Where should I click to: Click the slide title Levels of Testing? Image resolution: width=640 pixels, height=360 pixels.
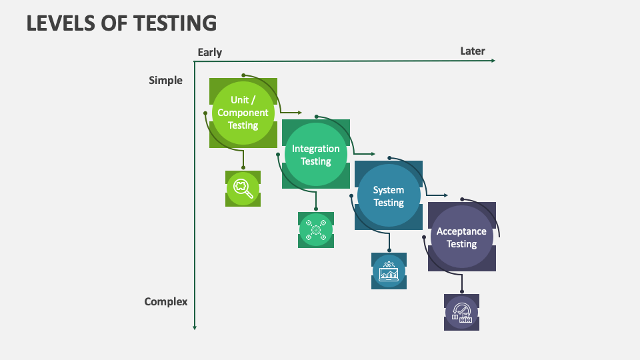click(x=121, y=23)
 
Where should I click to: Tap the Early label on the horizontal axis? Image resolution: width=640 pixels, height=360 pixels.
click(x=209, y=52)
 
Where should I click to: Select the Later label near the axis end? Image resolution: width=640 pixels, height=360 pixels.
click(x=473, y=51)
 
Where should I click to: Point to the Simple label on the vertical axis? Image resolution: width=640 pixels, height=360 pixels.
click(x=165, y=81)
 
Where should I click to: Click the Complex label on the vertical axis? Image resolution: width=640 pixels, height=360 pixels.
click(x=166, y=301)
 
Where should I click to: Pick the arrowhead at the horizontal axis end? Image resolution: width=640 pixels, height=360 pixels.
click(x=493, y=61)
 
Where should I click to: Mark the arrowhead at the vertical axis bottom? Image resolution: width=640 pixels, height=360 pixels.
click(x=194, y=327)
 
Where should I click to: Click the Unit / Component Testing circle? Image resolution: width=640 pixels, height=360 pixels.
click(x=243, y=113)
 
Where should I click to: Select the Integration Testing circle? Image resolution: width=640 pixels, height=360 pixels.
click(x=315, y=155)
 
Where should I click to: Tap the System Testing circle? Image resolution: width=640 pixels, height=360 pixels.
click(x=388, y=196)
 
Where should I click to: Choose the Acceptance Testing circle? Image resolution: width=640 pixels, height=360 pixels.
click(x=461, y=237)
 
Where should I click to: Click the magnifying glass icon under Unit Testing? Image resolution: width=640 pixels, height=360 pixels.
click(x=243, y=188)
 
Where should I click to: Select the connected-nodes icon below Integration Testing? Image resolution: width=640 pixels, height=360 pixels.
click(x=315, y=230)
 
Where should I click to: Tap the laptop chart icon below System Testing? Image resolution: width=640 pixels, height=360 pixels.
click(x=389, y=271)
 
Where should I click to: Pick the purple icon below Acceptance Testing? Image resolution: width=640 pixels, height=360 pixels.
click(x=461, y=312)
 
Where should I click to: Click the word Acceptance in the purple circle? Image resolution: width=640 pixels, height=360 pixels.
click(x=461, y=231)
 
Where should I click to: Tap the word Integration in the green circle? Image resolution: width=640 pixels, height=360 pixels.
click(x=315, y=149)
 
